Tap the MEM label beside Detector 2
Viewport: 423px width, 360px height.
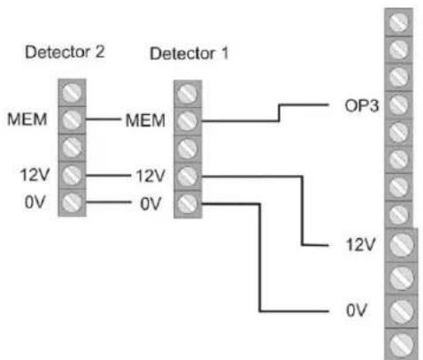coord(21,118)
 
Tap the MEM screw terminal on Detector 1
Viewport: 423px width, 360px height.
coord(187,119)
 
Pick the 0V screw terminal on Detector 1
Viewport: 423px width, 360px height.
coord(187,203)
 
